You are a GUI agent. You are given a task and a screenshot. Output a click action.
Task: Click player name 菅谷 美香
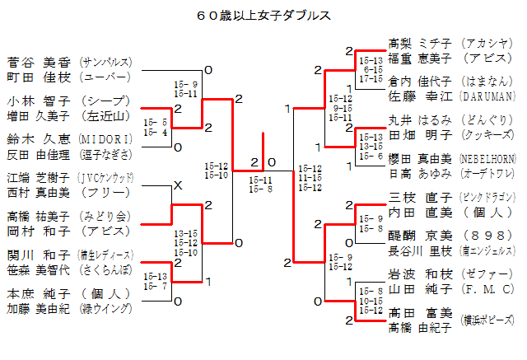[38, 62]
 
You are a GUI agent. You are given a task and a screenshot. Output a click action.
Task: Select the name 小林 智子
[38, 101]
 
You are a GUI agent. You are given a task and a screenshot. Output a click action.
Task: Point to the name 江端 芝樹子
[38, 177]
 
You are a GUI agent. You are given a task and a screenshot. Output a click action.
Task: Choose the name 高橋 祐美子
[38, 216]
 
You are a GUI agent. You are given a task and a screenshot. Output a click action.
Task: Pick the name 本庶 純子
[38, 293]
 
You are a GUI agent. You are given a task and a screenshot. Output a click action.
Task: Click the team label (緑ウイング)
[105, 309]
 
